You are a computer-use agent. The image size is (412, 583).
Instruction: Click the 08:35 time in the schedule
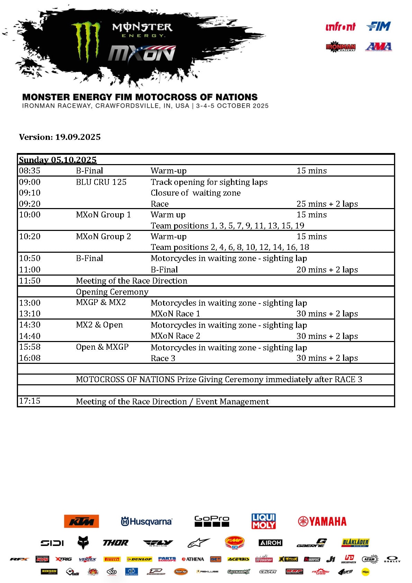click(x=30, y=171)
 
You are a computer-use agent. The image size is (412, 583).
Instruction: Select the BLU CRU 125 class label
click(x=101, y=182)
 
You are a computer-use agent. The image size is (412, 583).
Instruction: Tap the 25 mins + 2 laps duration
click(x=327, y=204)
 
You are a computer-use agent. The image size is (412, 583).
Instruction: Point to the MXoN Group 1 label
click(x=103, y=215)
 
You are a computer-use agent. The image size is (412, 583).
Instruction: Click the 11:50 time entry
click(x=30, y=281)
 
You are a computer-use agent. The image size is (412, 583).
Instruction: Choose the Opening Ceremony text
click(x=112, y=292)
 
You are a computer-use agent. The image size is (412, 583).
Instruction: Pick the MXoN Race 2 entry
click(x=175, y=336)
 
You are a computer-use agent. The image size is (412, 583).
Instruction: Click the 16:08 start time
click(x=30, y=358)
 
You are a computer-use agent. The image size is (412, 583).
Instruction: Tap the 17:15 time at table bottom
click(x=30, y=401)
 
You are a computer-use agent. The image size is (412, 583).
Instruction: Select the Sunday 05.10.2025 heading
click(x=57, y=160)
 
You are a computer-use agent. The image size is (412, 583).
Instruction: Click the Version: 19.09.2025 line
click(x=60, y=137)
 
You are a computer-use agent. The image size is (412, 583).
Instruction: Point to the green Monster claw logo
click(x=86, y=41)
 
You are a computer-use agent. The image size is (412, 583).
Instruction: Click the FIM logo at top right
click(x=378, y=26)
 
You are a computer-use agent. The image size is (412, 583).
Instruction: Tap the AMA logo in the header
click(x=378, y=47)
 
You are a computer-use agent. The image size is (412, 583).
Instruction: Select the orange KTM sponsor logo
click(x=81, y=521)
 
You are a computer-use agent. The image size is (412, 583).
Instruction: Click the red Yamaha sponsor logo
click(x=322, y=521)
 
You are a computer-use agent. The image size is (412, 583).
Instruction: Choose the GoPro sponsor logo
click(x=212, y=521)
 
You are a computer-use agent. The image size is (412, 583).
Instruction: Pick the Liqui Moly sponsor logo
click(x=263, y=521)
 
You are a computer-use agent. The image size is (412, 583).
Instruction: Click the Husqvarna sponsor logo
click(x=146, y=521)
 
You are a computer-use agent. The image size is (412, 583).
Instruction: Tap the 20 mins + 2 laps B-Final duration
click(x=327, y=270)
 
